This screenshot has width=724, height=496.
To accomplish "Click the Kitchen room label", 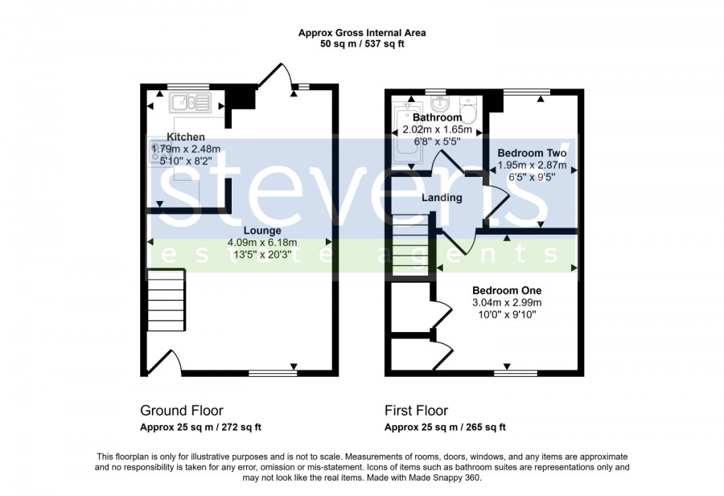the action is [x=186, y=137].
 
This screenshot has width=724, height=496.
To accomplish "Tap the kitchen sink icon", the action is [x=190, y=102].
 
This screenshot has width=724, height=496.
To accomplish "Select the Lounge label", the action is [x=262, y=230].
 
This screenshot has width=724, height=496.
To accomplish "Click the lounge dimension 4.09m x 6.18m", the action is [x=262, y=242].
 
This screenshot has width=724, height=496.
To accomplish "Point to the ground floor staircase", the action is [x=167, y=300].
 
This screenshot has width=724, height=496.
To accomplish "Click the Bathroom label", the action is [x=438, y=117].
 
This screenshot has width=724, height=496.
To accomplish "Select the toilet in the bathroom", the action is [x=467, y=109].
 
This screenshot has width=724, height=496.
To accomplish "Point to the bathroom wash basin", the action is [x=438, y=101].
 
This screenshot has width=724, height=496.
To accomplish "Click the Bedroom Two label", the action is [x=532, y=153].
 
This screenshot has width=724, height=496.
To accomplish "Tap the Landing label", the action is [x=442, y=198].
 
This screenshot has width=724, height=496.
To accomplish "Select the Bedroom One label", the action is [x=507, y=290].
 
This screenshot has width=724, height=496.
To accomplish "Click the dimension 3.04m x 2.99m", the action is [x=507, y=303].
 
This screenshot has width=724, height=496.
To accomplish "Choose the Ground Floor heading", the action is [x=182, y=410].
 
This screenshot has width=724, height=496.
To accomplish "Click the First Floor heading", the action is [x=416, y=410].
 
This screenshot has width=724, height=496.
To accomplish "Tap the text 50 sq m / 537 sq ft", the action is [x=362, y=44].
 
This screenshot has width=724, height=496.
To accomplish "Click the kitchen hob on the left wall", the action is [x=155, y=152].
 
